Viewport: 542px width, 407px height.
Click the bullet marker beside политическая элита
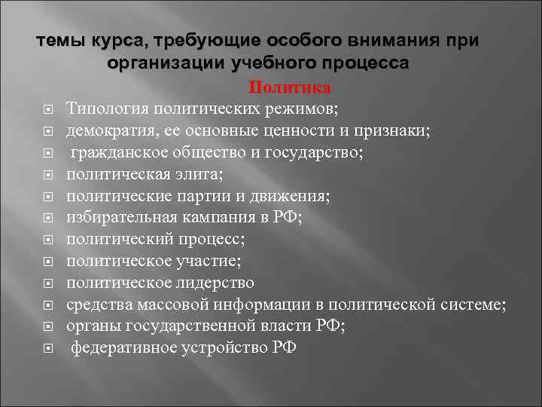point(47,175)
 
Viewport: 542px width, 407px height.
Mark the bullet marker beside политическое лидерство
point(47,283)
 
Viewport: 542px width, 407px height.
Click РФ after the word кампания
point(288,218)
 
